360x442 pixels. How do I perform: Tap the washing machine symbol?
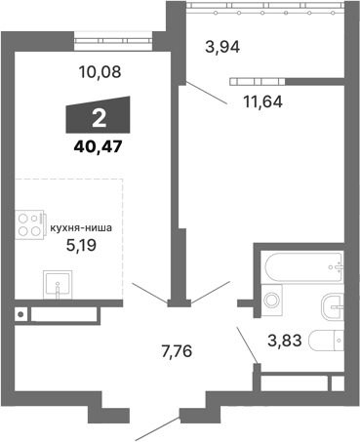click(273, 301)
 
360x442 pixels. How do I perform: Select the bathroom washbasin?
click(335, 303)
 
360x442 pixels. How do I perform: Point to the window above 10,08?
click(110, 41)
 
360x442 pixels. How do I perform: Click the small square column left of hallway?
click(20, 314)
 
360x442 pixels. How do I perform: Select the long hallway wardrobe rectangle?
click(63, 314)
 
